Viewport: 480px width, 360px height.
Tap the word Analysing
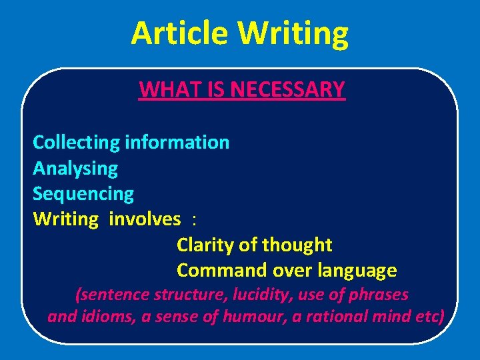tap(75, 169)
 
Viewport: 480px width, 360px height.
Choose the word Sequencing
tap(83, 194)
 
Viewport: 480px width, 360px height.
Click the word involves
tap(144, 219)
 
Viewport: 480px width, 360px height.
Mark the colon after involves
tap(193, 221)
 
